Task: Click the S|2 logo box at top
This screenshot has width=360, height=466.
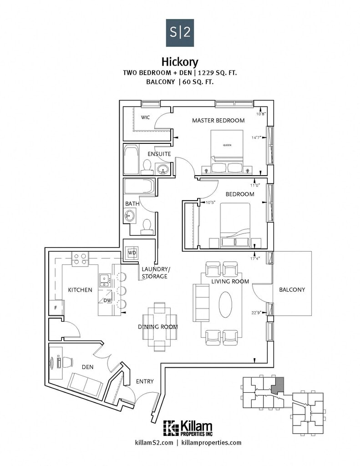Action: (x=180, y=33)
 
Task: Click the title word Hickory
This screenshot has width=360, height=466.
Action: (x=180, y=61)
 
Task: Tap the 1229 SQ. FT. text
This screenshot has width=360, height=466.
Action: (x=218, y=72)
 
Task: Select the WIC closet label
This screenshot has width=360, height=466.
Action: (x=145, y=117)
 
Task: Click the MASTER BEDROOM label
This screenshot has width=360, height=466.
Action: (x=218, y=121)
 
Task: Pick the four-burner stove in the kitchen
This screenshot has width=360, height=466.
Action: (x=80, y=259)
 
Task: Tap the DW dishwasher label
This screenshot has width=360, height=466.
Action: (x=107, y=300)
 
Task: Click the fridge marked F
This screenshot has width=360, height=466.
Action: (x=56, y=308)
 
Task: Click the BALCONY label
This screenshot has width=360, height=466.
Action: (x=292, y=289)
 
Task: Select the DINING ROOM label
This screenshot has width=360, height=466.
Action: (x=157, y=327)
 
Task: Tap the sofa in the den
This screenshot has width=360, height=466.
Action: (x=85, y=385)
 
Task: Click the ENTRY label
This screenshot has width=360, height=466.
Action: (x=144, y=381)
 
